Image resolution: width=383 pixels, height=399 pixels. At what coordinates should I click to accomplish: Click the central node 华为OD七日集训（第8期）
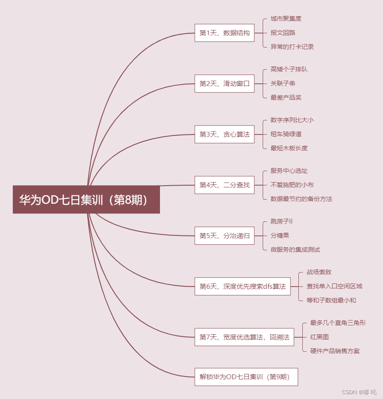86,200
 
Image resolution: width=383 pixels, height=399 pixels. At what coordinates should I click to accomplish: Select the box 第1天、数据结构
224,33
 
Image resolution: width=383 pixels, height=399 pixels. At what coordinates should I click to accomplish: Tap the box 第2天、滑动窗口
224,83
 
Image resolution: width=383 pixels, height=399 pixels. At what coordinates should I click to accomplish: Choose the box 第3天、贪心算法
224,134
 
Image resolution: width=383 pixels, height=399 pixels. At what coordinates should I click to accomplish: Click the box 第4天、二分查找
224,185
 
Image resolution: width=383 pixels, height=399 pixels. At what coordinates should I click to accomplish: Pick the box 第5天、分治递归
224,235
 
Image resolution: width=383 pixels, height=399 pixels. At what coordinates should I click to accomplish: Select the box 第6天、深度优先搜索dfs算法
242,286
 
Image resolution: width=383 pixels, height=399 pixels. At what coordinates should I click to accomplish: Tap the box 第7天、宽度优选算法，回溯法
244,337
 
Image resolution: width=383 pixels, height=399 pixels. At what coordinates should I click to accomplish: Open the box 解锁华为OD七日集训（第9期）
246,377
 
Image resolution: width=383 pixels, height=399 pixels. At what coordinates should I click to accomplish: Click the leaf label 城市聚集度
286,19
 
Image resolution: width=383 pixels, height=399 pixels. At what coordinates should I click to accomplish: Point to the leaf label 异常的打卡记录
292,47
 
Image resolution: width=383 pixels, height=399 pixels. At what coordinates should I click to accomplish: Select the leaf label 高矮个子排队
289,69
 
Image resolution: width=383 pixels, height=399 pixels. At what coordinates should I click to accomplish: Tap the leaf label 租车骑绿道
286,134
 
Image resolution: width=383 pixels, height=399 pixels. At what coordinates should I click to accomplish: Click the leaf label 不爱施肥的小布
292,185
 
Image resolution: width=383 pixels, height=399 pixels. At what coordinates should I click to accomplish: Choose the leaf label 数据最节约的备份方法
301,199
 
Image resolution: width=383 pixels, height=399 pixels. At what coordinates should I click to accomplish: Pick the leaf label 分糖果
279,235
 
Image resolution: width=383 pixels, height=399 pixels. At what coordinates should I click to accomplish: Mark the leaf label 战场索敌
319,272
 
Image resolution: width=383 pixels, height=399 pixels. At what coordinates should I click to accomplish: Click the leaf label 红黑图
319,337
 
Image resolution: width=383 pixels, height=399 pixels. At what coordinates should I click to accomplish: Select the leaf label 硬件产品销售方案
335,351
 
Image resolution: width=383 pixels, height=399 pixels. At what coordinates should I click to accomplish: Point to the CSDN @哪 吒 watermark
359,392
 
